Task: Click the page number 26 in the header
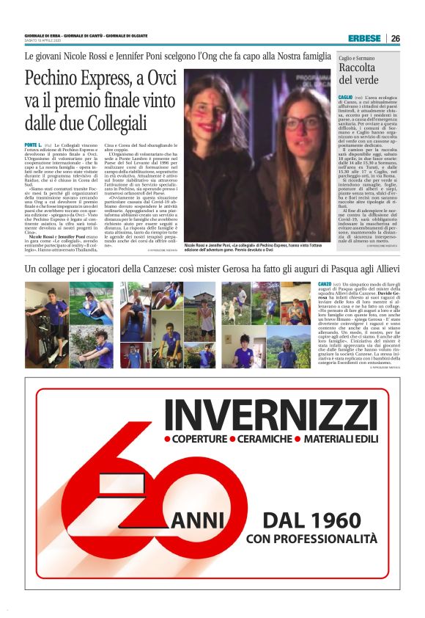(395, 38)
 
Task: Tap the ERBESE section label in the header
(364, 38)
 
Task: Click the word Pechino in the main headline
(53, 79)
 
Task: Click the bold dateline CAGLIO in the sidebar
(345, 95)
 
